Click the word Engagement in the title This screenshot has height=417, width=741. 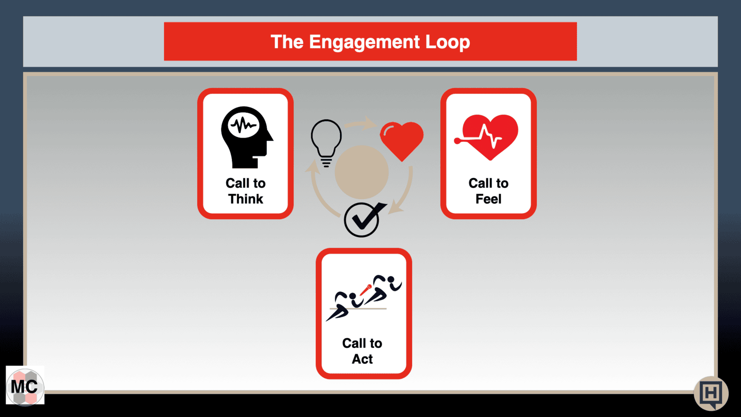pyautogui.click(x=364, y=43)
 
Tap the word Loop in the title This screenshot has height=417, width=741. pyautogui.click(x=447, y=42)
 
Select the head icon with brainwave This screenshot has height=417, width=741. pyautogui.click(x=247, y=137)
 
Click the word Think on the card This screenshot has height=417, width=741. pyautogui.click(x=245, y=199)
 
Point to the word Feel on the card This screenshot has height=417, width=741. pyautogui.click(x=488, y=199)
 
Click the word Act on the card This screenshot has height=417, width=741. pyautogui.click(x=362, y=359)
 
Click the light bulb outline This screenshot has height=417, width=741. pyautogui.click(x=326, y=143)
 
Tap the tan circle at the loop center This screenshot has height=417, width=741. pyautogui.click(x=362, y=172)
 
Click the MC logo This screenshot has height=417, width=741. pyautogui.click(x=25, y=386)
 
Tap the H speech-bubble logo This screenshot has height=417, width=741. pyautogui.click(x=711, y=393)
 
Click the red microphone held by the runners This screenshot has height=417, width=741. pyautogui.click(x=365, y=290)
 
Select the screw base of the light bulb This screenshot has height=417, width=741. pyautogui.click(x=326, y=162)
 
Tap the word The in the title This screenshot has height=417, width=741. pyautogui.click(x=287, y=42)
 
